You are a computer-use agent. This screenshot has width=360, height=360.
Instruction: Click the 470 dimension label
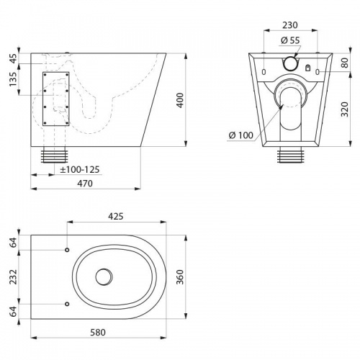click(85, 184)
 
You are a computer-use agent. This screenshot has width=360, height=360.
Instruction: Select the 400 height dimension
click(180, 100)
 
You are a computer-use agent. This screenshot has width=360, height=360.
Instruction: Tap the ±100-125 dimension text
click(80, 170)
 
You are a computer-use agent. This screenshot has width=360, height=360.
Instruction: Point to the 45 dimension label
click(13, 58)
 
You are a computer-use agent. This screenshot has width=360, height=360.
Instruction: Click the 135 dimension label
click(13, 79)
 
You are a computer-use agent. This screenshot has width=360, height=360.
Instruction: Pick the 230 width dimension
click(290, 25)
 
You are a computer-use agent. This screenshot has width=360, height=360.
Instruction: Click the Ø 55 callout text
click(290, 40)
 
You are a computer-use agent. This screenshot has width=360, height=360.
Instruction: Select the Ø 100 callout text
click(241, 135)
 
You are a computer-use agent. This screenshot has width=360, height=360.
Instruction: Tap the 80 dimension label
click(345, 63)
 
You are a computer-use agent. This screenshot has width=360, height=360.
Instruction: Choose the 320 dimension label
click(345, 109)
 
